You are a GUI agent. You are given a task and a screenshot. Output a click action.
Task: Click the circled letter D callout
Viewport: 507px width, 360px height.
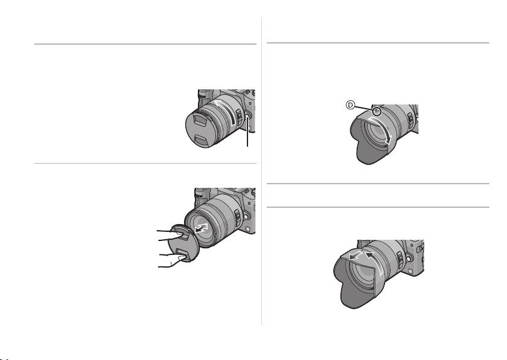pyautogui.click(x=351, y=104)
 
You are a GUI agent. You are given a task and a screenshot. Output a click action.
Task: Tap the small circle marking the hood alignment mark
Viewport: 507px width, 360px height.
pyautogui.click(x=377, y=112)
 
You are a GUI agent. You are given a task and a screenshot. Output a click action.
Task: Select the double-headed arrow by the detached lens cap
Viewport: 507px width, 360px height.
pyautogui.click(x=202, y=227)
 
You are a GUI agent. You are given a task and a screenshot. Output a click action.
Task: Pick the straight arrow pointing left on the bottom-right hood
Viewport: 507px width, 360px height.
pyautogui.click(x=356, y=256)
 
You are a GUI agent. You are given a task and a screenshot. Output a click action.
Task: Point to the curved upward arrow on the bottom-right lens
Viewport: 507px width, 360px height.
pyautogui.click(x=376, y=262)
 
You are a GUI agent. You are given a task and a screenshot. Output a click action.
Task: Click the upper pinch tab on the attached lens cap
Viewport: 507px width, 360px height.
pyautogui.click(x=200, y=121)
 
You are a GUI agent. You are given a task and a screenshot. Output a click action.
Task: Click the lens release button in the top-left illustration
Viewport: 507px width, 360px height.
pyautogui.click(x=247, y=117)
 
